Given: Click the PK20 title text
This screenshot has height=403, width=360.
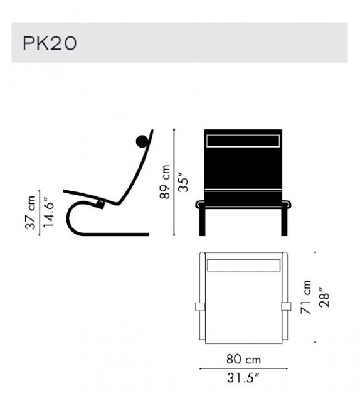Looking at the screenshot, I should [50, 43].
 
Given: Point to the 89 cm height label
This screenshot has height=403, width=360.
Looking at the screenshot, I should [165, 183].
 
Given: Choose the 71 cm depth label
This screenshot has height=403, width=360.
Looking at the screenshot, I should [306, 298].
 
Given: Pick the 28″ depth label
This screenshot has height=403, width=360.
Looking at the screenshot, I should [324, 298].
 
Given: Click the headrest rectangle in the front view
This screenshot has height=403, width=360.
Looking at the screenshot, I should [243, 141].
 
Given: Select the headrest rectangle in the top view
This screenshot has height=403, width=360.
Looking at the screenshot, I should [243, 265].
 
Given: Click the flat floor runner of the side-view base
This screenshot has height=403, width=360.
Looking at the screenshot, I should [125, 234].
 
